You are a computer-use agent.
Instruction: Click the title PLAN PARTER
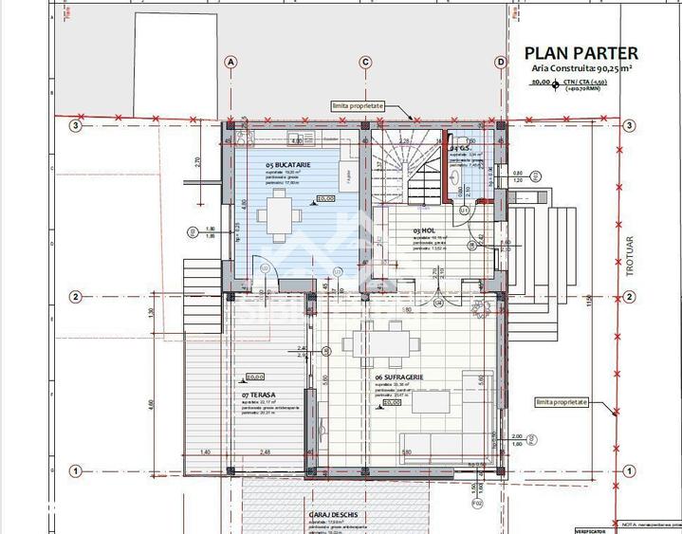[x=581, y=53]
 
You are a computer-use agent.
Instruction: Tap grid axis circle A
[x=230, y=63]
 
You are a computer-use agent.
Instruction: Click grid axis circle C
[x=365, y=63]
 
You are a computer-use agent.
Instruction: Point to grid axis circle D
[x=501, y=63]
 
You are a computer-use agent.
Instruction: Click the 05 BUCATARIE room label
[x=289, y=165]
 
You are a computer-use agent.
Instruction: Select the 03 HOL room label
[x=423, y=230]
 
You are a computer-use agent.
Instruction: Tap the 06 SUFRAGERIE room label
[x=398, y=377]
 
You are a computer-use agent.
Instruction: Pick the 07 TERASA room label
[x=258, y=393]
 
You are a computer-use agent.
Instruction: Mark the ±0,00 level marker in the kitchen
[x=325, y=199]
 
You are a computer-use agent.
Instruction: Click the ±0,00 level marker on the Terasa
[x=254, y=377]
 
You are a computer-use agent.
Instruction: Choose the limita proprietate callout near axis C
[x=358, y=106]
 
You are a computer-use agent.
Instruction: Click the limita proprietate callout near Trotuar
[x=561, y=402]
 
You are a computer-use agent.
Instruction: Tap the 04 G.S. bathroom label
[x=462, y=149]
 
